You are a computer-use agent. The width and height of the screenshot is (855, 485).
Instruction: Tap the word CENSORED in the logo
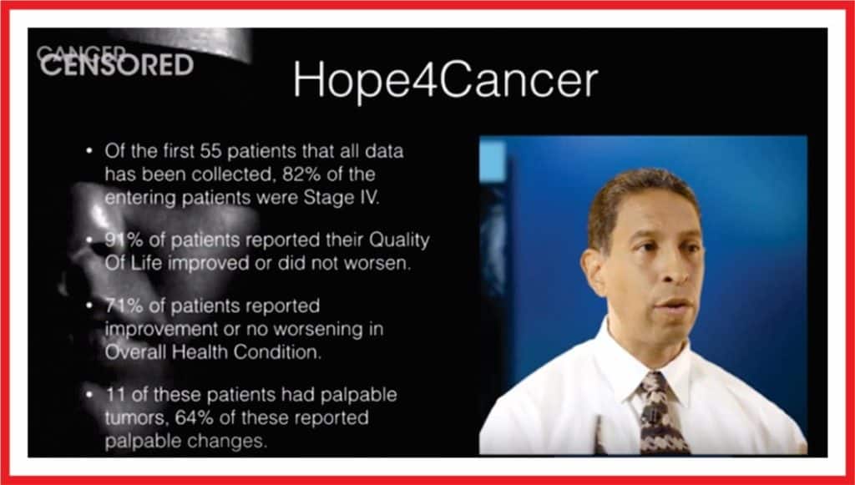tap(117, 65)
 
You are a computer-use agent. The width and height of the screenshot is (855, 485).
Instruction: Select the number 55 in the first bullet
tap(210, 150)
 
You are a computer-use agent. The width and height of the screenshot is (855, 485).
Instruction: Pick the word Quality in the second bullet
tap(399, 240)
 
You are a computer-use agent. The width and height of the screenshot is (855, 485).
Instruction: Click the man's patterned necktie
tap(662, 413)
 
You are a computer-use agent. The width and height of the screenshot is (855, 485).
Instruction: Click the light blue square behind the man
tap(493, 161)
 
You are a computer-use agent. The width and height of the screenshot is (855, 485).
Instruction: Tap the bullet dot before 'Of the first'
tap(89, 150)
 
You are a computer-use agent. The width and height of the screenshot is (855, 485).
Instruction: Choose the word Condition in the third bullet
tap(277, 352)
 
